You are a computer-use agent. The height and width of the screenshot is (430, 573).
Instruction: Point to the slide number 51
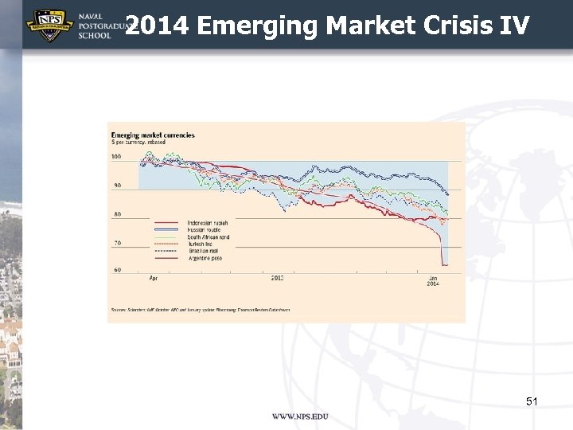(x=532, y=402)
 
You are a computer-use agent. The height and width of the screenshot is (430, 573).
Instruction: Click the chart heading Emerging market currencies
(x=153, y=135)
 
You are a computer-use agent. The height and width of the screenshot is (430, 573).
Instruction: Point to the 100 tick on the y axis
(x=116, y=158)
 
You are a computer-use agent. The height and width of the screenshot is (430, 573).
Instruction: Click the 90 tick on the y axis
(x=118, y=186)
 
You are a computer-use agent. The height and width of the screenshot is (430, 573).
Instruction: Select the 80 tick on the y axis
(x=118, y=214)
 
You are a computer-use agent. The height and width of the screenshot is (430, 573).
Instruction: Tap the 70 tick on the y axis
(x=118, y=243)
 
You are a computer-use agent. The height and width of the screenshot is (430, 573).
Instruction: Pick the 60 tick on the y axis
(x=118, y=271)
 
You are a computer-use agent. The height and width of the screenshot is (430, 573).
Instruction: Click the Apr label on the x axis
(x=153, y=278)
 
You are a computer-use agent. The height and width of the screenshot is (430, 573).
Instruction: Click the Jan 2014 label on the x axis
(x=433, y=280)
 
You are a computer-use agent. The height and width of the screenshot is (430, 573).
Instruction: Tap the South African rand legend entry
(x=208, y=237)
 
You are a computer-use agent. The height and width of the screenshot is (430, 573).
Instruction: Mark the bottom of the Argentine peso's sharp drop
(x=444, y=265)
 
